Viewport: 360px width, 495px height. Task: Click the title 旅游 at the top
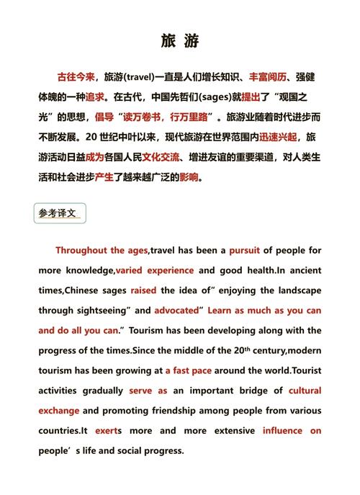(x=180, y=42)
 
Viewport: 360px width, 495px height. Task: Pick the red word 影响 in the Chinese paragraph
(x=189, y=177)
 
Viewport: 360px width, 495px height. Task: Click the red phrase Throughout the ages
(x=102, y=251)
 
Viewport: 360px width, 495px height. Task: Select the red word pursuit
(x=244, y=251)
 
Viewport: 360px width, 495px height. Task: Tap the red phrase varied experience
(x=155, y=271)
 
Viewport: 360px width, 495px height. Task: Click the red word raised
(x=143, y=291)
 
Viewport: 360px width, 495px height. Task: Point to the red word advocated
(x=176, y=311)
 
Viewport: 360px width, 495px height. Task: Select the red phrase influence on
(x=292, y=431)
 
